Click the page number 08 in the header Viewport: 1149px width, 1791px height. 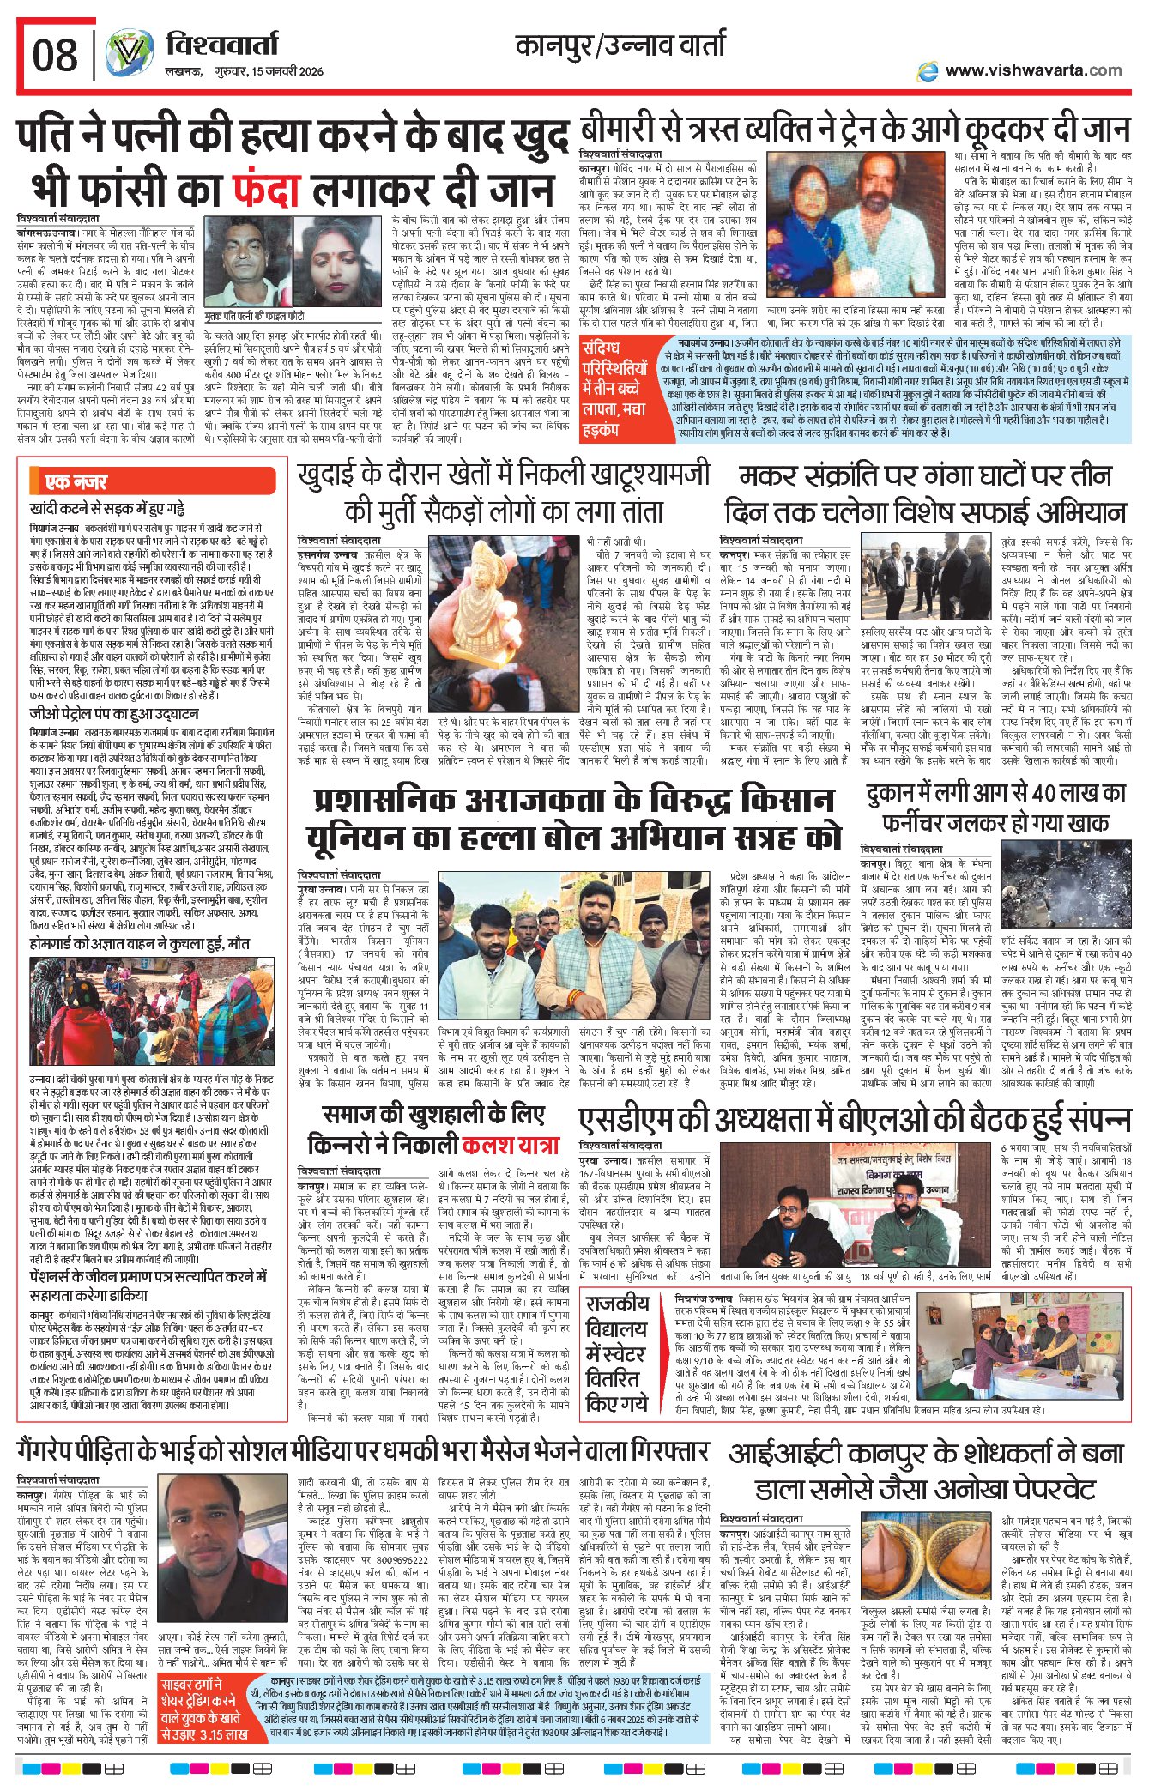coord(55,57)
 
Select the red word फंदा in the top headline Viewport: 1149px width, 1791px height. coord(265,188)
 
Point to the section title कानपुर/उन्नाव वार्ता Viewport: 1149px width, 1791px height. coord(620,45)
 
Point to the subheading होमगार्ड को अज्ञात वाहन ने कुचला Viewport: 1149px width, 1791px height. coord(140,943)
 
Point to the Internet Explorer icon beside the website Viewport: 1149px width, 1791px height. coord(928,71)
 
